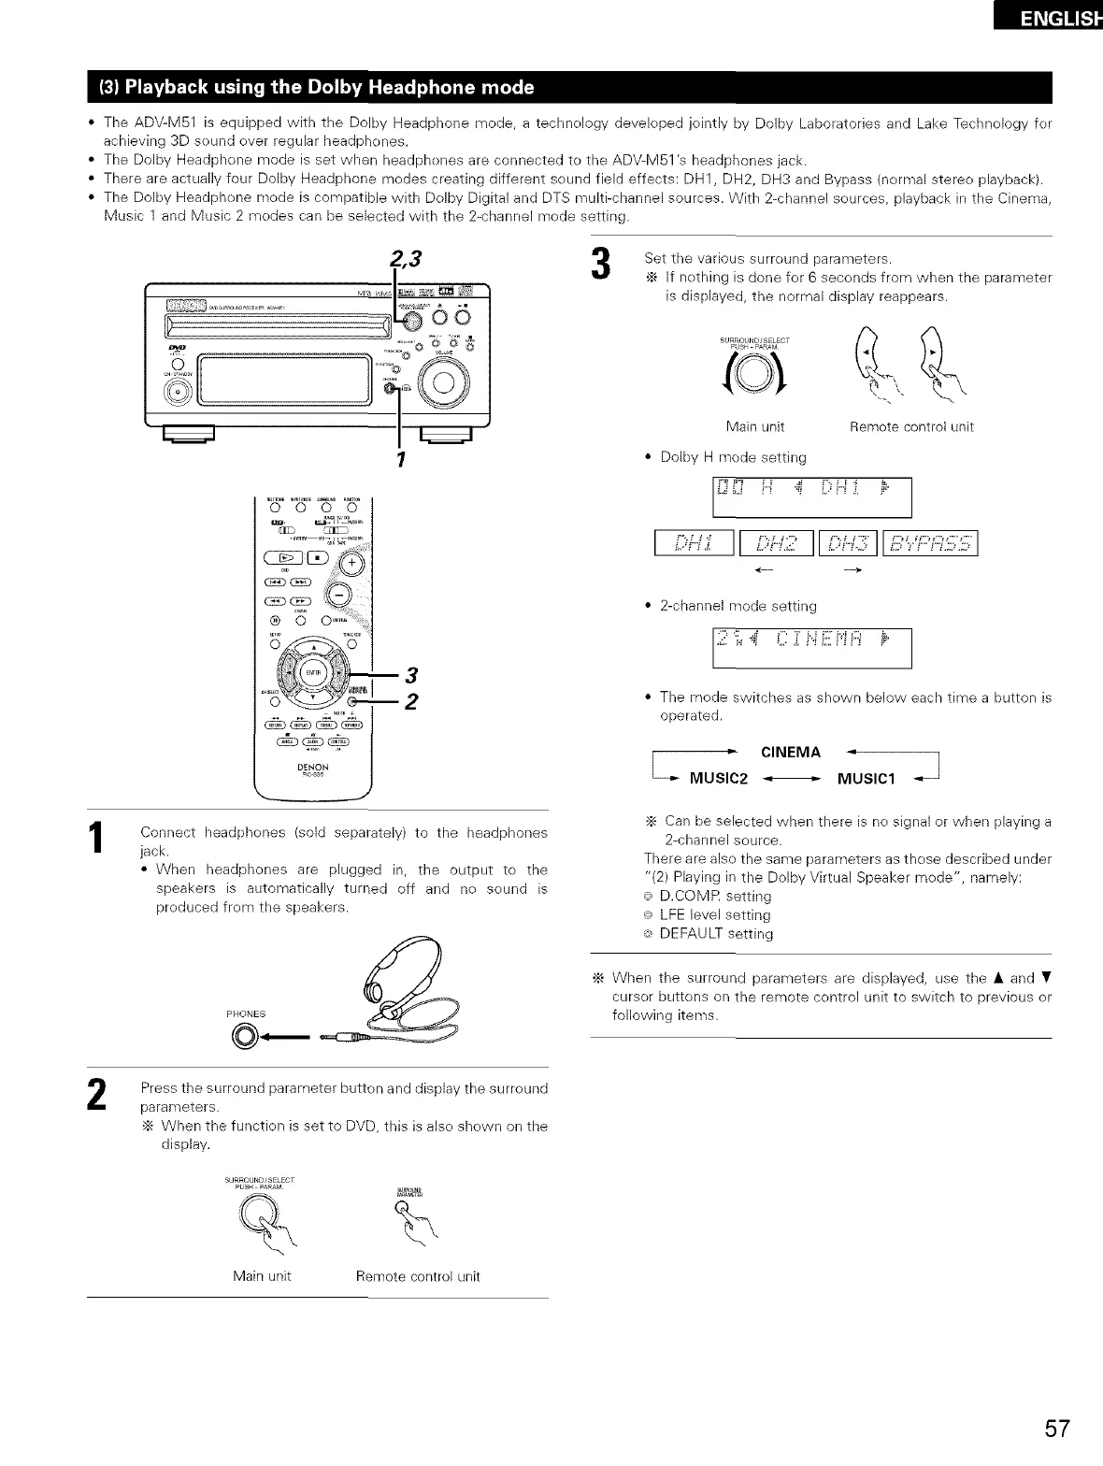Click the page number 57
pos(1056,1430)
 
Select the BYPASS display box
pos(930,543)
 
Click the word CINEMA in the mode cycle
pos(791,753)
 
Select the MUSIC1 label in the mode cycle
pos(866,779)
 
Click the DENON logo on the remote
pos(312,767)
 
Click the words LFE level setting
pos(715,915)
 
